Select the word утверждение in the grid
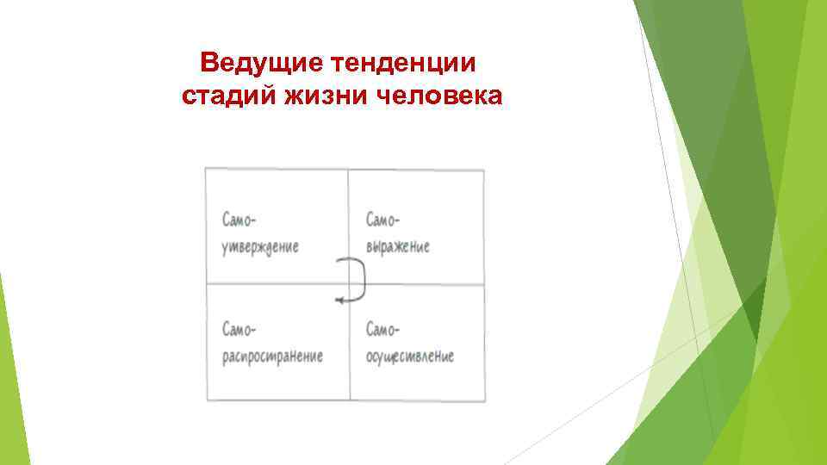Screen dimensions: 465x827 [260, 247]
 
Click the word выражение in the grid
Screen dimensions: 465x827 [397, 247]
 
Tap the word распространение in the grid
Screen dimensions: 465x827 [272, 356]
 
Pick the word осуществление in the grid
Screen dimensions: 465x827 [409, 356]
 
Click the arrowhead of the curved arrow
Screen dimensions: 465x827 [338, 299]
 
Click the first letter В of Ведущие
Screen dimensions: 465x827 [208, 64]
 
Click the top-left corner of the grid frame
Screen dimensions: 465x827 [206, 169]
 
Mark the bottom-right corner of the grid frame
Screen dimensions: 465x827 [484, 400]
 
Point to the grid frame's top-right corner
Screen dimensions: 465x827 [484, 169]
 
